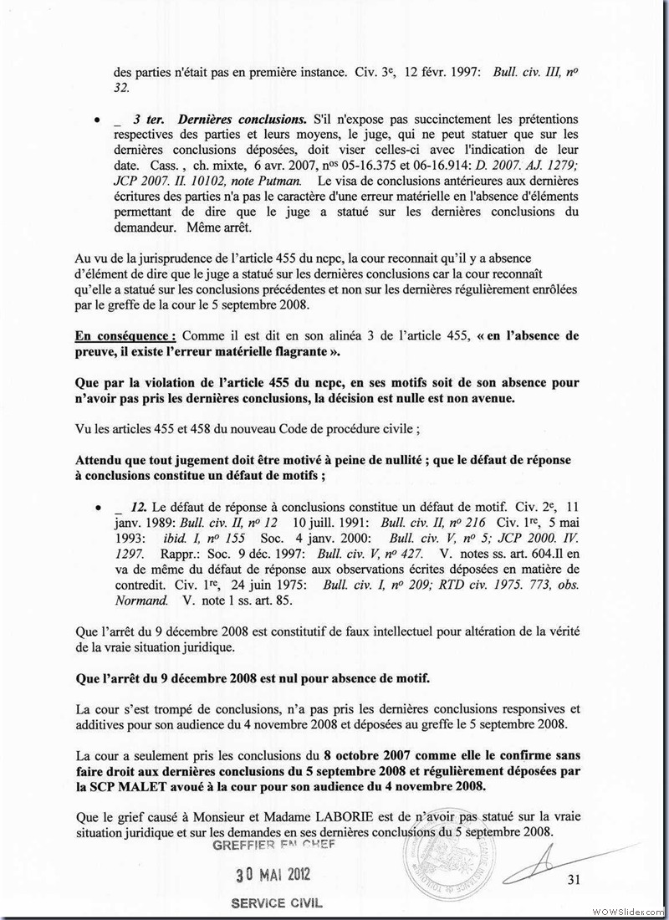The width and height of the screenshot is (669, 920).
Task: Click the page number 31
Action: click(573, 879)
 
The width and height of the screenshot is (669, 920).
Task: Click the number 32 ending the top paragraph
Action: click(120, 86)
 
